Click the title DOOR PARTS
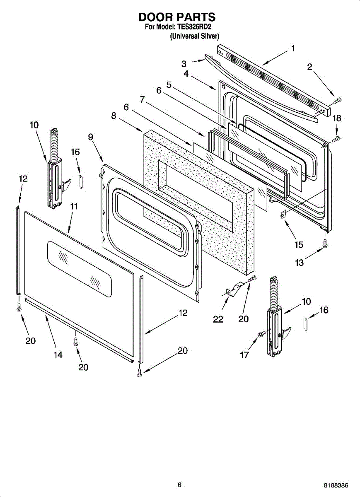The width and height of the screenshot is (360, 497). tap(177, 17)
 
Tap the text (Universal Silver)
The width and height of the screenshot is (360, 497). tap(194, 36)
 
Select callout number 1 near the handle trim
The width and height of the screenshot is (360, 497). tap(293, 48)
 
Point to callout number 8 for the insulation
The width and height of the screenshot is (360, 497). tap(114, 116)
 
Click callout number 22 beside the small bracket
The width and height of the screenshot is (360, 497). tap(218, 319)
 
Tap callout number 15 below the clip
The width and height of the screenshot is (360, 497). tap(299, 244)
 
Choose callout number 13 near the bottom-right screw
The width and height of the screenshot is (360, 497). tap(299, 262)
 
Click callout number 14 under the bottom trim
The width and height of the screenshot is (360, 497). tap(58, 355)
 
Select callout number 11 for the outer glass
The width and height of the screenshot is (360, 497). tap(73, 206)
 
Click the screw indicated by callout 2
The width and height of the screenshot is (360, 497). tap(338, 99)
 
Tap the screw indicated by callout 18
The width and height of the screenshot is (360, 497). tap(337, 138)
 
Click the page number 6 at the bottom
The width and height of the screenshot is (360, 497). tap(179, 485)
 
